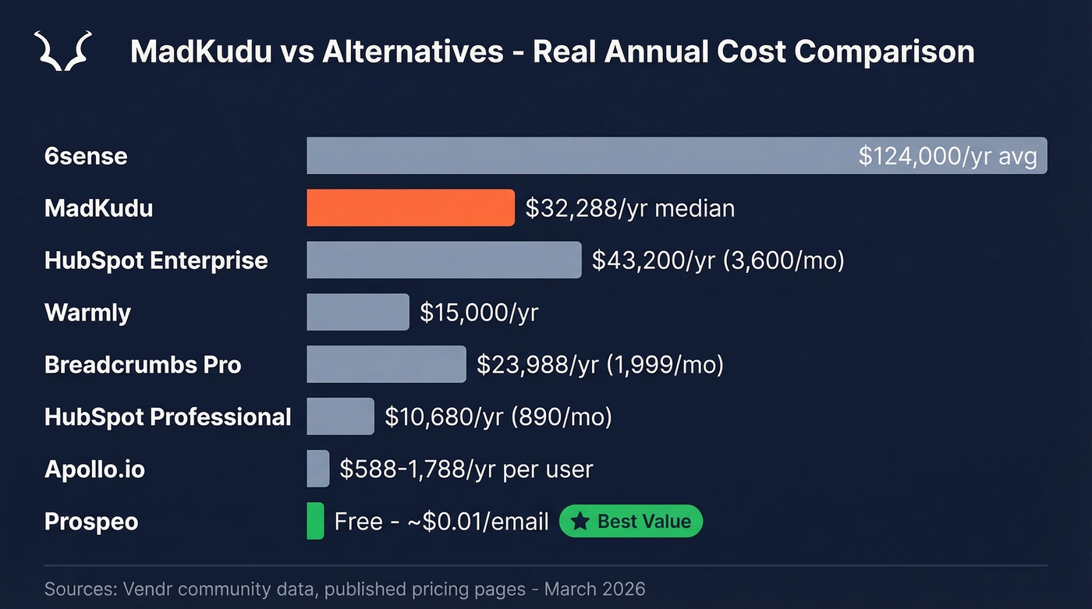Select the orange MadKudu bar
(410, 208)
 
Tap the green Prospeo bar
(315, 521)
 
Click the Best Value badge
(631, 522)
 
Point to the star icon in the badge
(580, 522)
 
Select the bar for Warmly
(357, 312)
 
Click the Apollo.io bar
(318, 469)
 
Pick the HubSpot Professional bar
(340, 416)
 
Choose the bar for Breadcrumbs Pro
(386, 364)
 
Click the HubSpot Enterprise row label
(156, 260)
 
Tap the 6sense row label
(86, 156)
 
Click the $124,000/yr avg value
(947, 156)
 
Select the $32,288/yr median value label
(629, 208)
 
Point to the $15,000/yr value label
(479, 312)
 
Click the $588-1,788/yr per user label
(466, 469)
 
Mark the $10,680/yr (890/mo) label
(498, 416)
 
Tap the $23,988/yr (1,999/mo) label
(600, 364)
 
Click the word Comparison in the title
(885, 52)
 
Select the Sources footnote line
(345, 588)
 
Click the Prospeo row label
(91, 521)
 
